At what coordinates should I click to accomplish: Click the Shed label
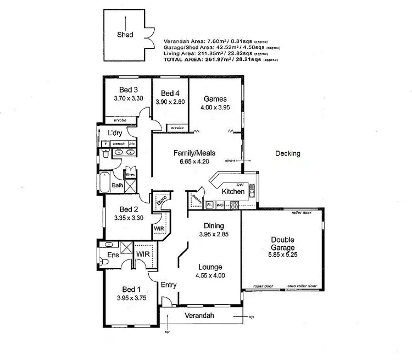click(x=125, y=35)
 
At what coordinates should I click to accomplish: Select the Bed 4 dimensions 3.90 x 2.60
click(x=170, y=102)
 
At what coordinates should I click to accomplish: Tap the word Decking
click(x=288, y=154)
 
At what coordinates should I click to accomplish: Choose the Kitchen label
click(x=233, y=192)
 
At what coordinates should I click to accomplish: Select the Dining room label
click(x=214, y=226)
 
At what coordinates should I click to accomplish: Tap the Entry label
click(x=168, y=284)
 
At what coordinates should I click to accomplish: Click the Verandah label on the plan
click(x=199, y=316)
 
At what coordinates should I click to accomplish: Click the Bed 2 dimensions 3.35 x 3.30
click(x=127, y=218)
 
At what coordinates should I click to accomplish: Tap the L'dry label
click(x=115, y=133)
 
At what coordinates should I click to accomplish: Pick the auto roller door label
click(x=302, y=286)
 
